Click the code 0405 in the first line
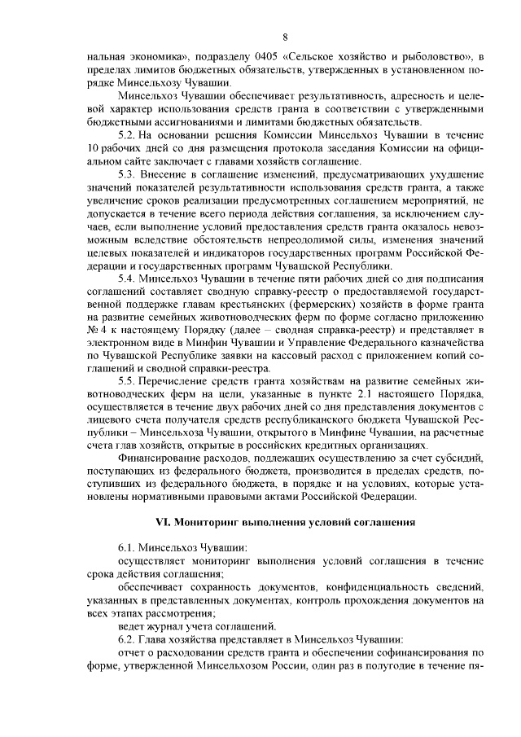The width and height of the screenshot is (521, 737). tap(244, 56)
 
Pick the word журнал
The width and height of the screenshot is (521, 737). tap(160, 627)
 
